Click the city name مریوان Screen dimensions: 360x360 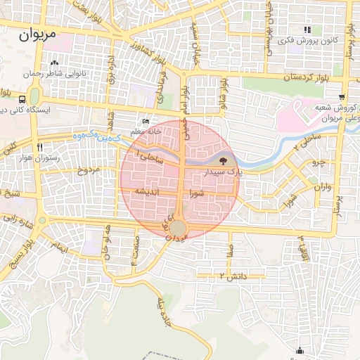(44, 33)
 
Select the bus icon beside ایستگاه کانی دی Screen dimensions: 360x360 (23, 99)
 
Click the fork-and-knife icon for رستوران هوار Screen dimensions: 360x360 (40, 147)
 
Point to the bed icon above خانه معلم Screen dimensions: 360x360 (146, 121)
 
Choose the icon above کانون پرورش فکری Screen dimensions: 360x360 (307, 30)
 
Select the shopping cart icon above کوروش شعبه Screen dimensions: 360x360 (342, 97)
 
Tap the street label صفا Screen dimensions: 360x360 (230, 249)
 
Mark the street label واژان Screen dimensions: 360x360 (323, 188)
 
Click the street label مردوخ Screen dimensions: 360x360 (89, 170)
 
